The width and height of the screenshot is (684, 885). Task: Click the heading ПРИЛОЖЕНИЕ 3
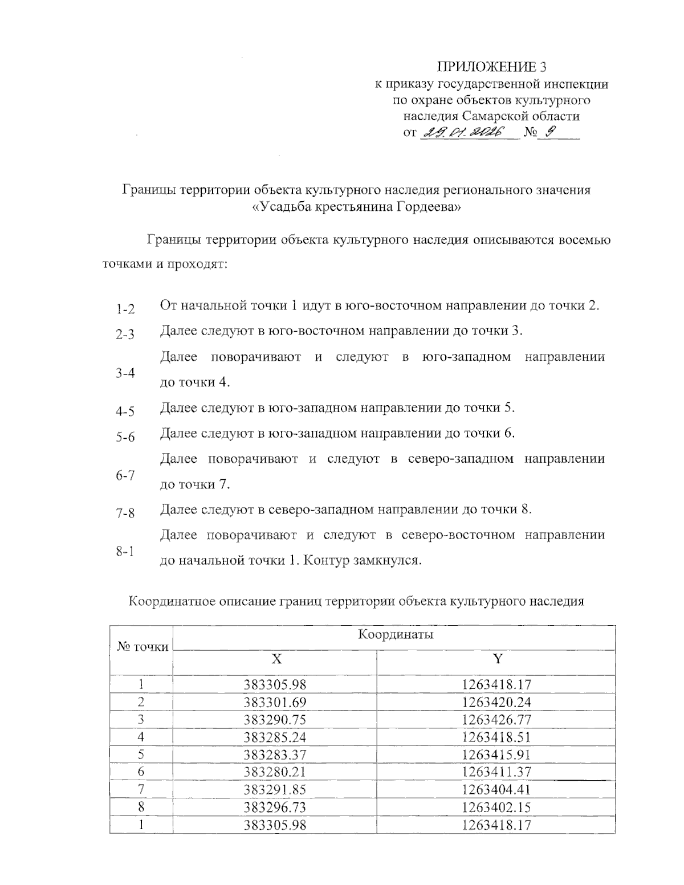(491, 67)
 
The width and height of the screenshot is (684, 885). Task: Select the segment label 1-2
(125, 309)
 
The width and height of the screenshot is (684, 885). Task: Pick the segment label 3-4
(125, 373)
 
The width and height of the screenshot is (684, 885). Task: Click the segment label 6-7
(125, 475)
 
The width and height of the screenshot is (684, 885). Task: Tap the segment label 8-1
(125, 551)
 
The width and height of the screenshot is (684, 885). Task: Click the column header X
(276, 659)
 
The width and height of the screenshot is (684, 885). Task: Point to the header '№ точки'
(142, 647)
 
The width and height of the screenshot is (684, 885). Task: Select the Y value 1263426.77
(496, 719)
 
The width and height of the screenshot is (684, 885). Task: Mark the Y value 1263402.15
(496, 807)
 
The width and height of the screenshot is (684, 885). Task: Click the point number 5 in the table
(141, 755)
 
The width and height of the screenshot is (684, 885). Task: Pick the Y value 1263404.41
(496, 790)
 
